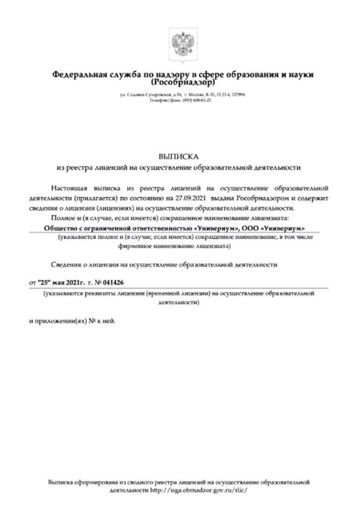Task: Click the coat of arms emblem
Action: pyautogui.click(x=180, y=42)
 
